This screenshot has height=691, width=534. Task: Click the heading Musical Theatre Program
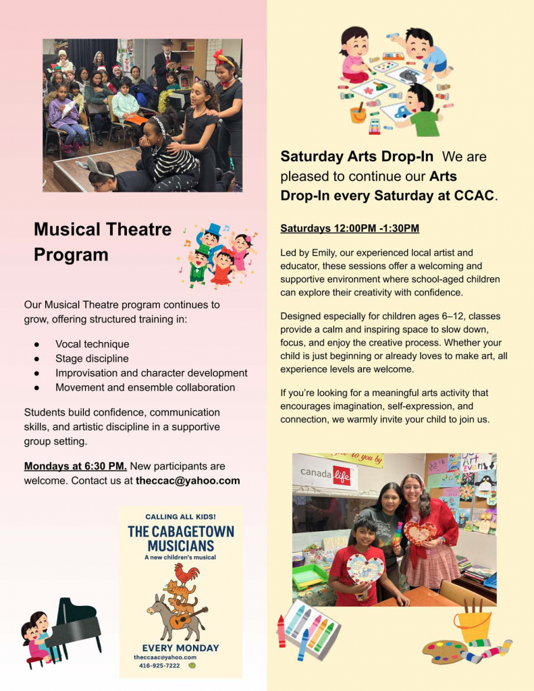103,242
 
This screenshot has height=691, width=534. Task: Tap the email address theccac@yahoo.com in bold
188,481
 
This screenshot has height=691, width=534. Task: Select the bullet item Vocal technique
92,344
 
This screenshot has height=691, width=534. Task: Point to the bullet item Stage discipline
92,358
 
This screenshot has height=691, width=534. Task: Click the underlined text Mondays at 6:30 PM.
76,466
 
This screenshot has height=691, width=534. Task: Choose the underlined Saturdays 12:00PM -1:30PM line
350,229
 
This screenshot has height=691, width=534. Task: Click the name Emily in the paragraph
323,253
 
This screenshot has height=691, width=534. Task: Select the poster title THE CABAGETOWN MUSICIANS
181,538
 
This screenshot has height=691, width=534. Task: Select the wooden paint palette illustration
445,652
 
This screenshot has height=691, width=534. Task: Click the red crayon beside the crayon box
282,631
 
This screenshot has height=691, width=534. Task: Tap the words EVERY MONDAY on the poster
180,648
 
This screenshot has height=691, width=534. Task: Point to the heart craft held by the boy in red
365,568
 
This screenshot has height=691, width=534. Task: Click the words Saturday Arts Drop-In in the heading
356,157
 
